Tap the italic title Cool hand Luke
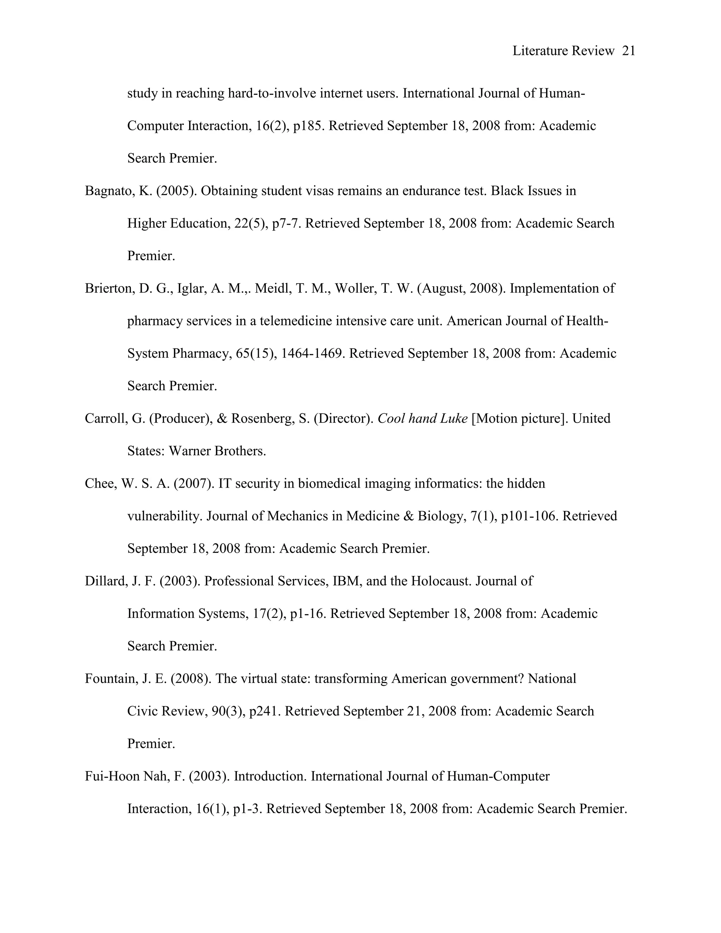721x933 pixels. (422, 418)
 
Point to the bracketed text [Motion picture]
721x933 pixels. (520, 418)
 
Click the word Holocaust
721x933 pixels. (440, 581)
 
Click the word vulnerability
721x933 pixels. (164, 516)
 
